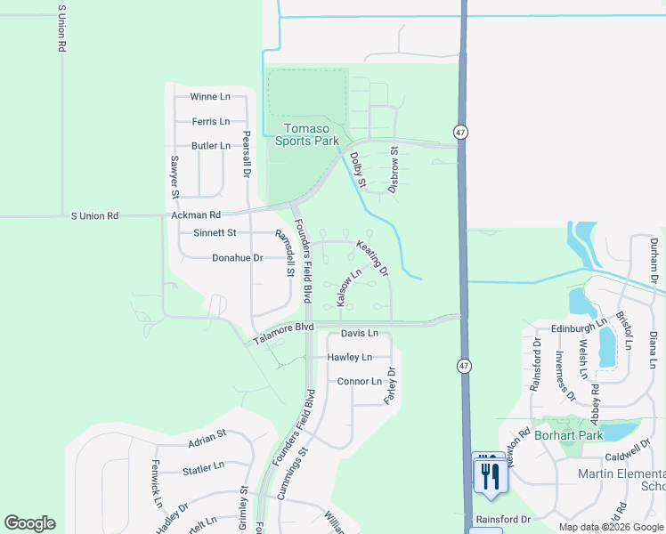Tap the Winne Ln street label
pos(210,97)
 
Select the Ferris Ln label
pos(210,121)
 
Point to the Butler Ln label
pos(210,145)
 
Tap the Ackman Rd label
pos(196,215)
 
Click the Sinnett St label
pos(215,233)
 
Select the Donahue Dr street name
pos(237,257)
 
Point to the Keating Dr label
pos(372,257)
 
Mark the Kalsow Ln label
pos(348,287)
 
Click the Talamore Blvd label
pos(284,333)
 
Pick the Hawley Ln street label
pos(350,357)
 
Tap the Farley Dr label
pos(389,383)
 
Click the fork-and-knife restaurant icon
pos(490,474)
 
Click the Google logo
pos(29,523)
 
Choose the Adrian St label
pos(207,441)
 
